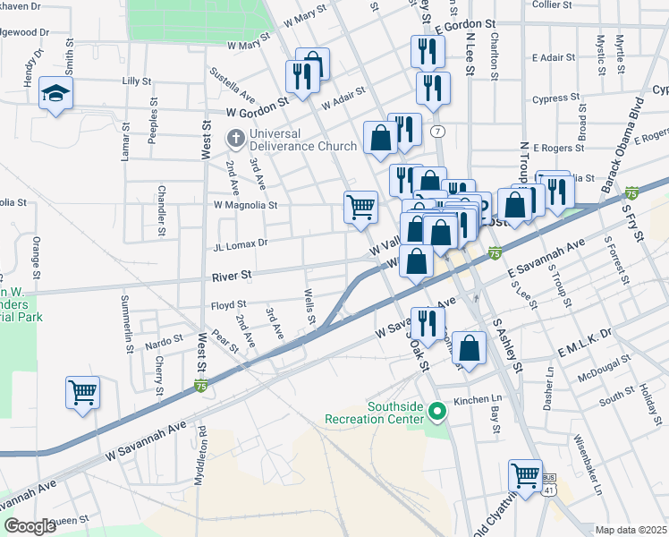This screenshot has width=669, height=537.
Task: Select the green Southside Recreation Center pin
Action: coord(436,412)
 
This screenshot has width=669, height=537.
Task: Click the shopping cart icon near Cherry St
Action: coord(82,391)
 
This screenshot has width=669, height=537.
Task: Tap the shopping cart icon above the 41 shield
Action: coord(525,473)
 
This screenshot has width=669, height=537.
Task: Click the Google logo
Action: coord(30,526)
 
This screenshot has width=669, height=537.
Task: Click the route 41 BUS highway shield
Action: coord(548,487)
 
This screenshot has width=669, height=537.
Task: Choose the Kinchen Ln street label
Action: coord(476,400)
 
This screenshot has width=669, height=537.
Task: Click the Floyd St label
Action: coord(228,306)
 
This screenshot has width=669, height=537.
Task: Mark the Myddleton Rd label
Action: coord(199,455)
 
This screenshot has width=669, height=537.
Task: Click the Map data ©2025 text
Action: coord(631,530)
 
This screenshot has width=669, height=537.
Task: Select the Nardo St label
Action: coord(164,340)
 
